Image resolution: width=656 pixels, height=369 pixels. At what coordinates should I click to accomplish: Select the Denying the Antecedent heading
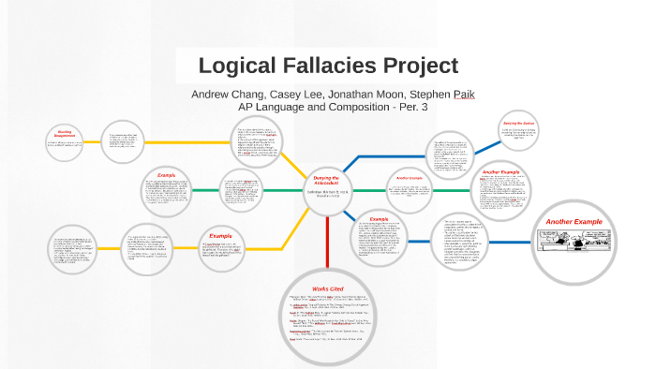coord(327,179)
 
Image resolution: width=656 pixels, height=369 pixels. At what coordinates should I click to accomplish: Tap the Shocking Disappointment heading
coord(71,134)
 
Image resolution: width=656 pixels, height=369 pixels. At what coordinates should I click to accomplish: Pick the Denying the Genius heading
coord(517,123)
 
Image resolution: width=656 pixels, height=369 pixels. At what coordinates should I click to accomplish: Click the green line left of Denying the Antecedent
coord(281,191)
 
